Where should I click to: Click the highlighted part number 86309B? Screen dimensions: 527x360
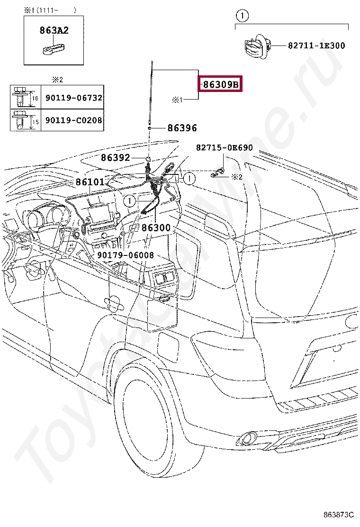pos(220,85)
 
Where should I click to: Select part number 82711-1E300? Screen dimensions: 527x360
pos(316,46)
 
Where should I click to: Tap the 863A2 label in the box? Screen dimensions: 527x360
pos(54,31)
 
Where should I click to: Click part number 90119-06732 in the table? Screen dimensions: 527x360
pos(74,98)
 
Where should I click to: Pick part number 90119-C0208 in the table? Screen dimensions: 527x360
pos(74,120)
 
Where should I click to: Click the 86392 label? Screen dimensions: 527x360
pos(115,157)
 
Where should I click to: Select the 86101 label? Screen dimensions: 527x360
pos(90,182)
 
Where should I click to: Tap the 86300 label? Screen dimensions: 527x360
pos(156,228)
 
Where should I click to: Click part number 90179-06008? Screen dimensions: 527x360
pos(126,255)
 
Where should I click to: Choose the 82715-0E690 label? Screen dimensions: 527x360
pos(225,148)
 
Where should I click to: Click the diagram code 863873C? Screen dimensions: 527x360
pos(339,514)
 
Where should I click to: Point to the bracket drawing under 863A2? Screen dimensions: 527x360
pos(54,48)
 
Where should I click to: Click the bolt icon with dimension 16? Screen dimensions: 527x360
pos(19,98)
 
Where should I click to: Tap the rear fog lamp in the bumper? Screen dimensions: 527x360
pos(248,438)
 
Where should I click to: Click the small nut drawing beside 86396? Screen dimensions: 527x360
pos(149,128)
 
